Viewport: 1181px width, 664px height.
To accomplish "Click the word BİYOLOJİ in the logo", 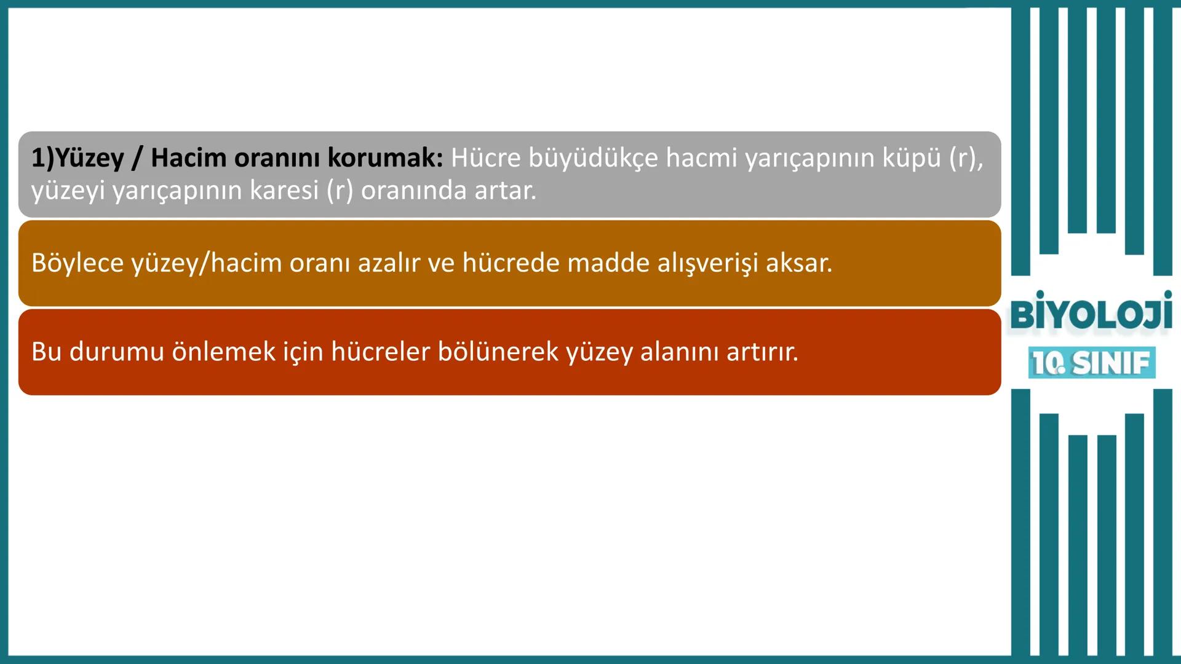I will coord(1090,313).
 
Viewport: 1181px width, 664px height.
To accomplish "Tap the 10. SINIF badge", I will coord(1091,363).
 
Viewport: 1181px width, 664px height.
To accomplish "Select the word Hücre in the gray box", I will coord(485,158).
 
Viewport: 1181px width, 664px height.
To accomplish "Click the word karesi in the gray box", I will coord(284,191).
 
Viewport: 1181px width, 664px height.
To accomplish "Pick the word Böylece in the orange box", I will coord(78,263).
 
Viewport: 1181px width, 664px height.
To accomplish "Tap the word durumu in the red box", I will coord(116,352).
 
